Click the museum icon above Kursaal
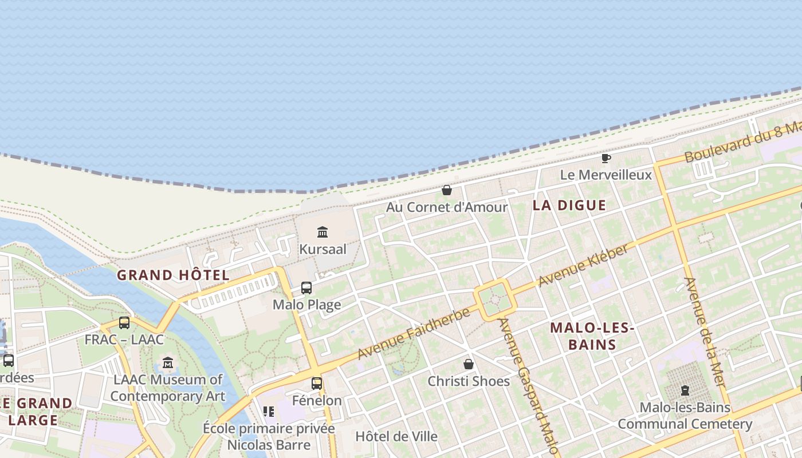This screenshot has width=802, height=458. coord(323,232)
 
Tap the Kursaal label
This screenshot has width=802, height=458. coord(323,250)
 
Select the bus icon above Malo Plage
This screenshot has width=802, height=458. coord(306,287)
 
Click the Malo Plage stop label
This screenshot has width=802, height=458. coord(306,305)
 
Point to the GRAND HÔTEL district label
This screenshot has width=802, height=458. coord(173,275)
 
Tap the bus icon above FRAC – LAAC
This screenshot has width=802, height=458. coord(124,323)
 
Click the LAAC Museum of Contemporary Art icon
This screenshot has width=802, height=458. coord(168,362)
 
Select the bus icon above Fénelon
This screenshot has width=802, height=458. coord(317,383)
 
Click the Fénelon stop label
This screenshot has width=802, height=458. coord(317,400)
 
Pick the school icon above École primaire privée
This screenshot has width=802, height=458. coord(269,411)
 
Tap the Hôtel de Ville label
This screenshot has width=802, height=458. coord(396,436)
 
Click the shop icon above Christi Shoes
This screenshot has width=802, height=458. coord(469,364)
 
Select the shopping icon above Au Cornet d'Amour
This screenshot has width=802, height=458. coord(447,190)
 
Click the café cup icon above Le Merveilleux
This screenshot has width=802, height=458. coord(606,158)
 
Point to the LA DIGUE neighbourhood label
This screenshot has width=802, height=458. coord(569,206)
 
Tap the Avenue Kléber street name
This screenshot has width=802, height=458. coord(584,265)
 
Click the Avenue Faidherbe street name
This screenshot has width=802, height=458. coord(414,333)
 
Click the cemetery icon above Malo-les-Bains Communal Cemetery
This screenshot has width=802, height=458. coord(685,391)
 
